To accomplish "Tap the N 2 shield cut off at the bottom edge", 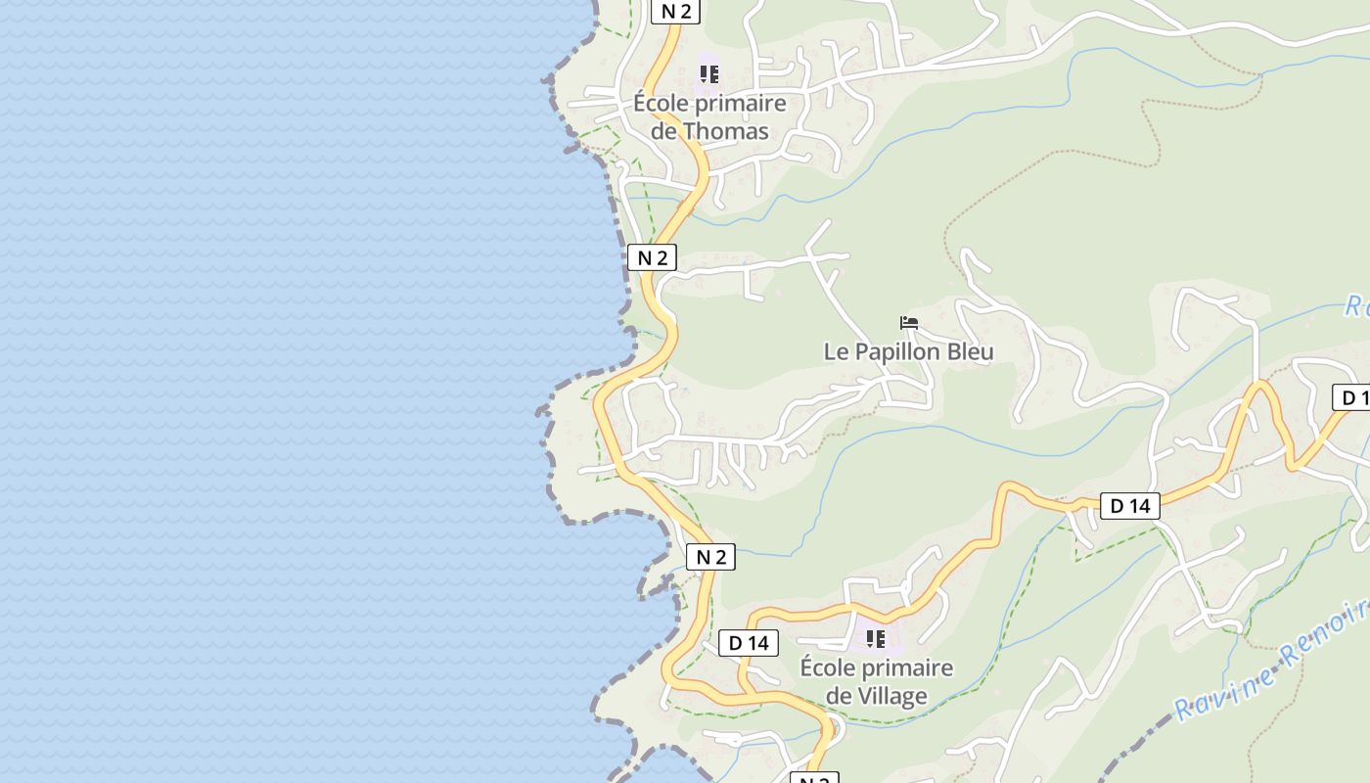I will point(814,779).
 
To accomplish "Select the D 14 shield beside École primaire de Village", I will point(749,643).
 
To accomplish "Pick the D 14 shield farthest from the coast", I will point(1130,506).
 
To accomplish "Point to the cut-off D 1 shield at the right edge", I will point(1352,397).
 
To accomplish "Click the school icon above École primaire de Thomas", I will point(709,73).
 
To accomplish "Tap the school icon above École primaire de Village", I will point(876,639).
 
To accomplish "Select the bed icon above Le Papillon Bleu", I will point(909,322).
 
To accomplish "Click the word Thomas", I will point(724,131).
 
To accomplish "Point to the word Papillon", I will point(896,352).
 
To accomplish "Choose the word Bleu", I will point(969,352).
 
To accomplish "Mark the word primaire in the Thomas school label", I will point(739,104).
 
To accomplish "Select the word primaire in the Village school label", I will point(906,668).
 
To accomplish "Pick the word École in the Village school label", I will point(828,668).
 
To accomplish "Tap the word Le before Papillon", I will point(837,352).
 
